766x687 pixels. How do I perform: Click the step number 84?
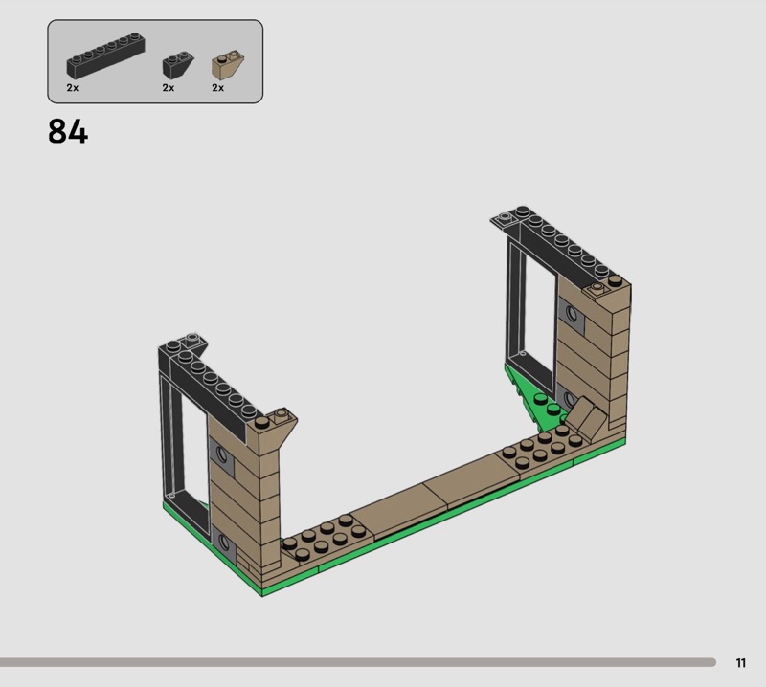pos(68,131)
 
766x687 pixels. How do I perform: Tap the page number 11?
pos(740,662)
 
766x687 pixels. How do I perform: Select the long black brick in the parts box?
pos(105,55)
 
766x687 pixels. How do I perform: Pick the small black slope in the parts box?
pos(177,65)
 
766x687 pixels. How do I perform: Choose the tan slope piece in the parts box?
pos(228,65)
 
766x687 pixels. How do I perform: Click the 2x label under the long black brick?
pos(73,88)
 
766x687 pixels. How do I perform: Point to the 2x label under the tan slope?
pos(218,88)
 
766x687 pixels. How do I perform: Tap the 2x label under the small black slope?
pos(169,88)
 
